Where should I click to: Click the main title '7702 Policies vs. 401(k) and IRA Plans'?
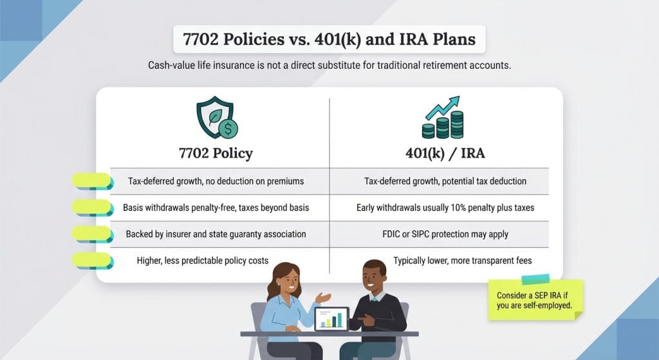coord(329,39)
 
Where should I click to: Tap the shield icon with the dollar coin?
coord(217,118)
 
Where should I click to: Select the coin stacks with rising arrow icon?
coord(443,117)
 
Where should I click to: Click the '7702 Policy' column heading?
coord(216,153)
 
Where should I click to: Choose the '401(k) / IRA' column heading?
coord(445,153)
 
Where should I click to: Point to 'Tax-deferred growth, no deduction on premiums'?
coord(216,181)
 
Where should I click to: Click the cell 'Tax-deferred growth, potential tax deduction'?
coord(445,181)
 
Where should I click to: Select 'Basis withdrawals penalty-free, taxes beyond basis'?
coord(216,208)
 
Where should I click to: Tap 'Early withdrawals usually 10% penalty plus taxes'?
coord(445,208)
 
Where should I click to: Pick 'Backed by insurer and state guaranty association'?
coord(216,234)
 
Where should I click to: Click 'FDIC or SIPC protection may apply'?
coord(445,234)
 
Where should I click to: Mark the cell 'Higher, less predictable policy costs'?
coord(203,261)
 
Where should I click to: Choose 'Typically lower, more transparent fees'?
coord(462,261)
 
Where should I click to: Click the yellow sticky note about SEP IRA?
coord(535,300)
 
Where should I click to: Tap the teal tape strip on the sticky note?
coord(535,279)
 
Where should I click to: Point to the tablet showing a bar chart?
coord(331,319)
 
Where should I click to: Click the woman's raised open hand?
coord(322,298)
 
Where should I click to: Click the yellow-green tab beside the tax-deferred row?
coord(93,181)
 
